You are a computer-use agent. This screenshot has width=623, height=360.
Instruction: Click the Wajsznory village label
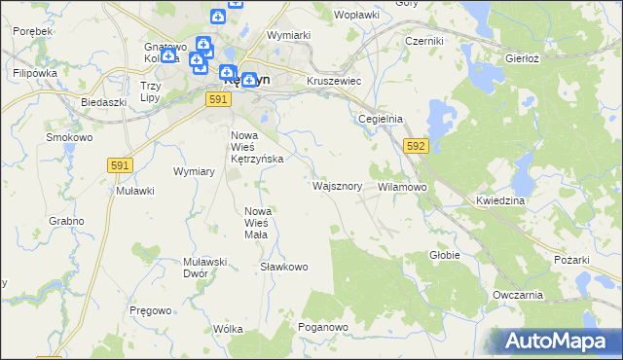tap(338, 185)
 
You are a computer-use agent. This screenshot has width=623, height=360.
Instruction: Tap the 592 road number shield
tap(416, 145)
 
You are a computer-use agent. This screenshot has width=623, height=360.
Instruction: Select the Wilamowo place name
tap(402, 186)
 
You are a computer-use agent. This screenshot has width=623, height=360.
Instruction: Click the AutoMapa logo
tap(552, 342)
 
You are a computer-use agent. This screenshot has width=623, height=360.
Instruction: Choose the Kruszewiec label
tap(334, 81)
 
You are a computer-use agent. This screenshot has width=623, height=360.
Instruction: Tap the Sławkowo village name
tap(284, 266)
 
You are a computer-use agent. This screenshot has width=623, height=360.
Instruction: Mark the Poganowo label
tap(323, 328)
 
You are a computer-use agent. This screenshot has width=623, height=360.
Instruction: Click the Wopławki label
tap(355, 16)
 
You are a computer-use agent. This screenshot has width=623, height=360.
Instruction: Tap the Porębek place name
tap(33, 31)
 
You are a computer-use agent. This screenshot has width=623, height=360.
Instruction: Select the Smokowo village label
tap(69, 137)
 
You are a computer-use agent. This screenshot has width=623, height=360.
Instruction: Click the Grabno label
tap(67, 221)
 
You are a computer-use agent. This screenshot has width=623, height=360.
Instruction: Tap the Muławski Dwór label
tap(204, 268)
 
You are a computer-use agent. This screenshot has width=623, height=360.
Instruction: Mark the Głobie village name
tap(444, 255)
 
